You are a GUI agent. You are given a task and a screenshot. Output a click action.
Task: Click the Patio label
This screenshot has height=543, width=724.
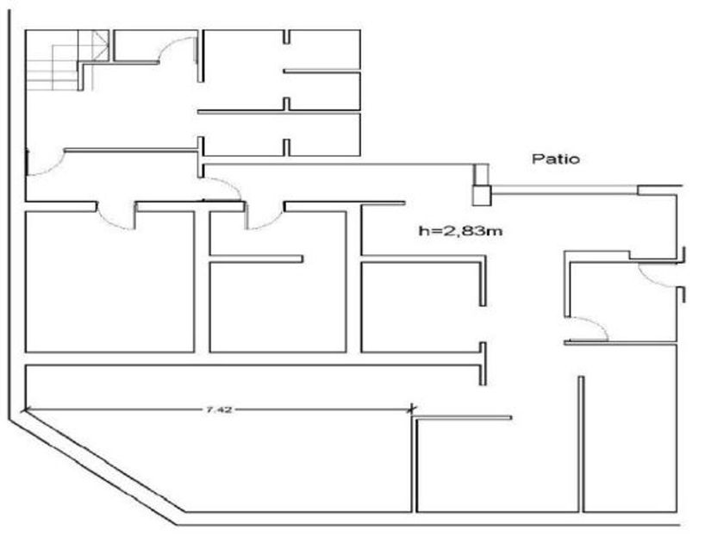click(x=555, y=159)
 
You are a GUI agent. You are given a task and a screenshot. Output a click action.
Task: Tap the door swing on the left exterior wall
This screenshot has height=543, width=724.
click(x=45, y=164)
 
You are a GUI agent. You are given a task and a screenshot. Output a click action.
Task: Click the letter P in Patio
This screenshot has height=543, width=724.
click(x=536, y=159)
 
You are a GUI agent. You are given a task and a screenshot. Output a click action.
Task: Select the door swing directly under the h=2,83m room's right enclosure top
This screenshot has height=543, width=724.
click(x=655, y=274)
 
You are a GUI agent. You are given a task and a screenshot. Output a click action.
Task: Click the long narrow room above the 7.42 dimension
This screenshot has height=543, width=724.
click(x=250, y=376)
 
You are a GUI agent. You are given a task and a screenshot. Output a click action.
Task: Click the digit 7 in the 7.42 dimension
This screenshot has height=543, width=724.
click(x=209, y=409)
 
